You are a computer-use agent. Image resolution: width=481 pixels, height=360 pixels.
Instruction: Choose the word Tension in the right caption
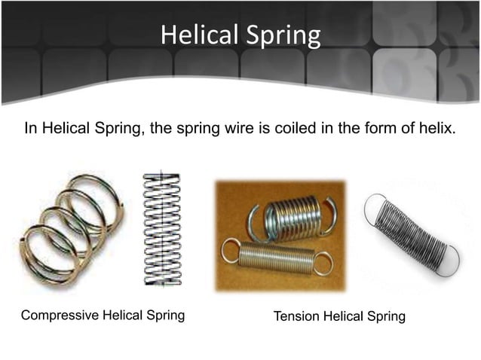pos(296,316)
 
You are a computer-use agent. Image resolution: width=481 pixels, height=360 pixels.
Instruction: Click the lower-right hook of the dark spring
pos(450,259)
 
